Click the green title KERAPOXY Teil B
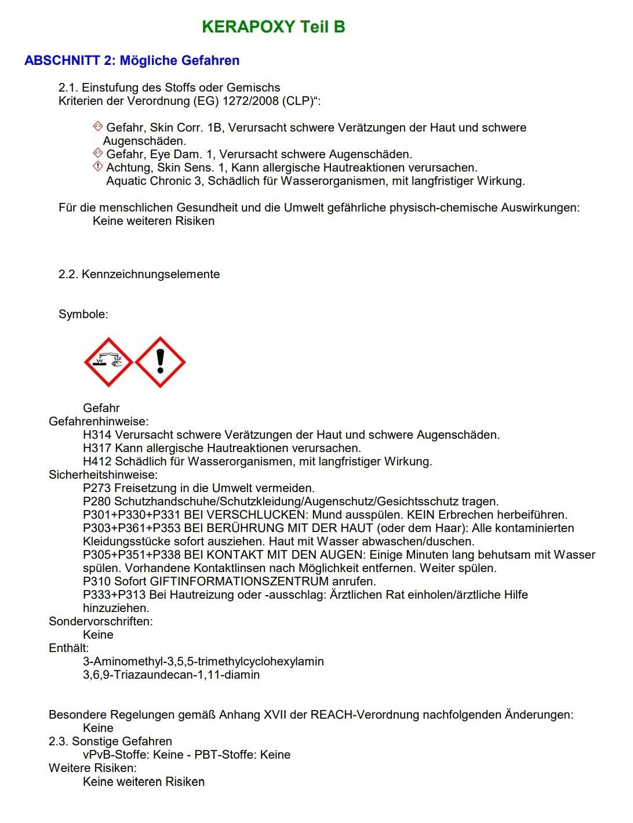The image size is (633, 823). tap(273, 27)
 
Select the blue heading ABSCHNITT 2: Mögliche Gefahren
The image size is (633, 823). tap(132, 61)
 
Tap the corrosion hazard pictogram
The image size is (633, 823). tap(108, 362)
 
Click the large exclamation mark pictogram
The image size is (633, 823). tap(160, 362)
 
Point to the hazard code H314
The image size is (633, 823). tap(97, 435)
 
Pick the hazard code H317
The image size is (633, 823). tap(97, 448)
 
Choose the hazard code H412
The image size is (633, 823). tap(97, 461)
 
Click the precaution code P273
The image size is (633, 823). tap(97, 488)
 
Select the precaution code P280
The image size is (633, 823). tap(97, 501)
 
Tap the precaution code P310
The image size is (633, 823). tap(97, 581)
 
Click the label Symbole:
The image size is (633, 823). tap(83, 315)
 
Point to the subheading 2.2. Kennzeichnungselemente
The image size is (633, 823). tap(139, 274)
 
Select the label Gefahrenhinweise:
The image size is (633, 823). tap(99, 421)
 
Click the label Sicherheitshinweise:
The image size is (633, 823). tap(103, 475)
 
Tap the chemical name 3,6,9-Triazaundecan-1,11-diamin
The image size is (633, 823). tap(171, 675)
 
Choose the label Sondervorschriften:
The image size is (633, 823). tap(101, 621)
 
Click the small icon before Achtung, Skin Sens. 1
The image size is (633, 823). tap(98, 167)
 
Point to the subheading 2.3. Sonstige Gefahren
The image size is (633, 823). tap(110, 741)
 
